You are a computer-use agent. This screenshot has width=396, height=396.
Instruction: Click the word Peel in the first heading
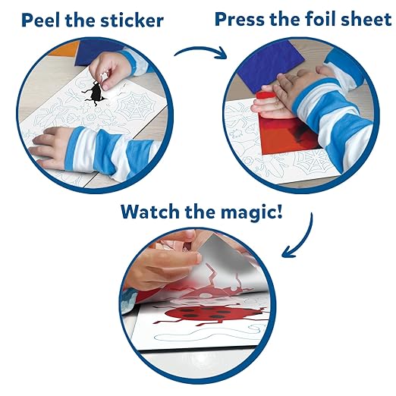point(41,20)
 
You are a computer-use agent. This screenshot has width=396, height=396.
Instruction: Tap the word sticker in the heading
point(132,20)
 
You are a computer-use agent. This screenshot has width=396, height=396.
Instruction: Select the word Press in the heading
point(239,19)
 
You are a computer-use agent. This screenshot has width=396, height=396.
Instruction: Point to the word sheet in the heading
point(366,19)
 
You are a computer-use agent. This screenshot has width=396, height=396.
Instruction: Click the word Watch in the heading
point(150,212)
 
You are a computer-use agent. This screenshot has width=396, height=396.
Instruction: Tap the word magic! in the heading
point(251,213)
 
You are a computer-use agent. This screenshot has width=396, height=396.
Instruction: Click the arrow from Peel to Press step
point(200,52)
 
